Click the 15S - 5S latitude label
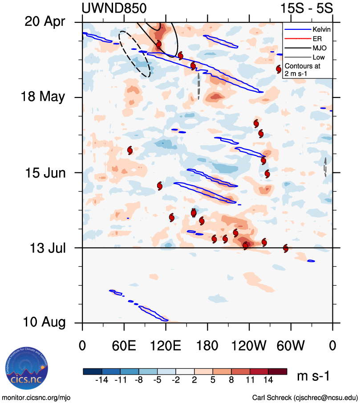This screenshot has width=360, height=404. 306,8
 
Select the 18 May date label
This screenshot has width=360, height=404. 43,97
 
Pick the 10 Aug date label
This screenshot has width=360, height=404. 43,322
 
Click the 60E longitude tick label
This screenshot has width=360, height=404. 124,345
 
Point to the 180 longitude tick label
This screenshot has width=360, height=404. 207,345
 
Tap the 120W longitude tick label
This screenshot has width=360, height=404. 249,345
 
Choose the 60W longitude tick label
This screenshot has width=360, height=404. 291,345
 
